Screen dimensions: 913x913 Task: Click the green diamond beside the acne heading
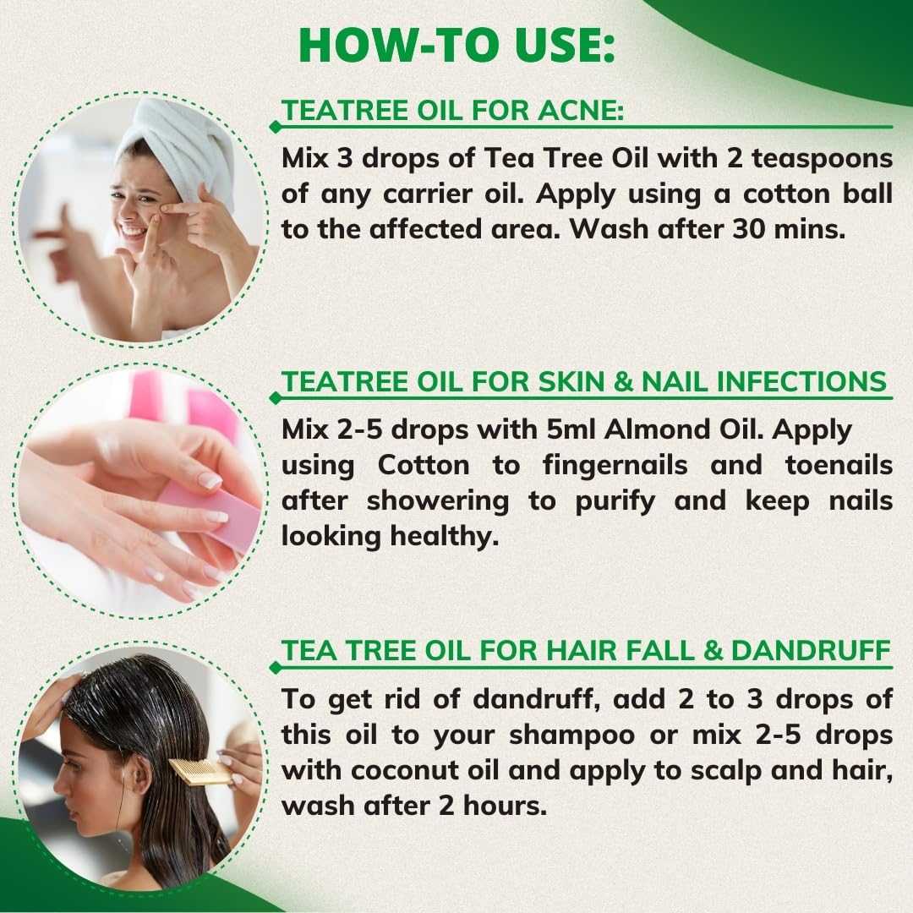(x=274, y=127)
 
